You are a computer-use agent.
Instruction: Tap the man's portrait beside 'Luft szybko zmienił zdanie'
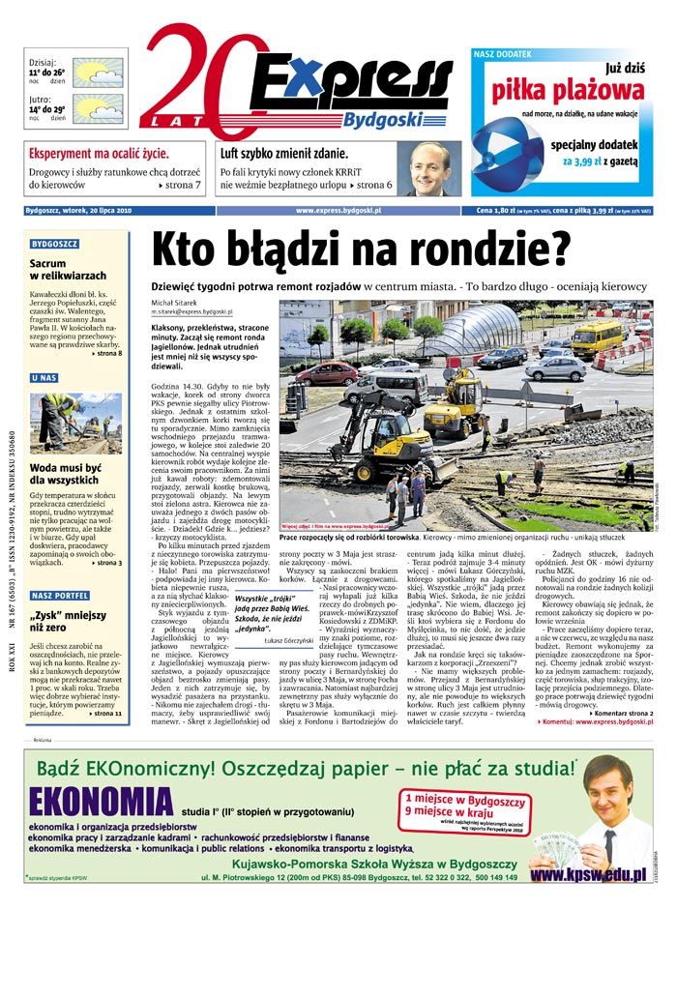(429, 169)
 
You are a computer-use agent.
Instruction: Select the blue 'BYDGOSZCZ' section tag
(54, 245)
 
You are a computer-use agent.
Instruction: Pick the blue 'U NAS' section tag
(44, 378)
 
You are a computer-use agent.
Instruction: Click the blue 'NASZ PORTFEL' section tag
(59, 596)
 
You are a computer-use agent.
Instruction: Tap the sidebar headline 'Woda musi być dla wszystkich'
(66, 474)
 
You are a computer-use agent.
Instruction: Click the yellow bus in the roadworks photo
(596, 336)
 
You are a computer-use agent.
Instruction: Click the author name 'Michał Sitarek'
(173, 303)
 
